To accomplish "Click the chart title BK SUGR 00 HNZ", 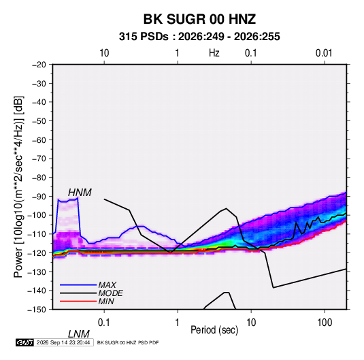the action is click(199, 19).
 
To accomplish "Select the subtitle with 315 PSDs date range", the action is click(199, 37).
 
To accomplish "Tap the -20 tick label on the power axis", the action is click(39, 65).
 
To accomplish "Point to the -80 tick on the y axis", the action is click(39, 178).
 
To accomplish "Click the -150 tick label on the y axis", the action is click(37, 310).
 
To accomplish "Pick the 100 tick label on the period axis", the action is click(325, 323).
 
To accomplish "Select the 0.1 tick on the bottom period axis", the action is click(104, 323).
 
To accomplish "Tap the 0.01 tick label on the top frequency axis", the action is click(324, 53).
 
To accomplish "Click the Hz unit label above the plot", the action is click(214, 53).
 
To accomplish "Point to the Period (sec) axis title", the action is click(214, 330).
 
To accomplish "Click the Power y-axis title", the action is click(18, 186).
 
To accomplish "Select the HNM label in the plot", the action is click(80, 193).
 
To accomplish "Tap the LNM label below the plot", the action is click(78, 334).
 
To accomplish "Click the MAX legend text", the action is click(107, 285).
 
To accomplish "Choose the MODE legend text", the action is click(110, 293).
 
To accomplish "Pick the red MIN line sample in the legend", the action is click(78, 301).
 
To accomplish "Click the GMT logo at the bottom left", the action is click(25, 342).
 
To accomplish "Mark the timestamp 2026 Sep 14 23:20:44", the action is click(63, 342).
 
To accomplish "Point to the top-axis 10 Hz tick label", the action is click(104, 53).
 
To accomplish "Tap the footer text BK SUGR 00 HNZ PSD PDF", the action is click(128, 342).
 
